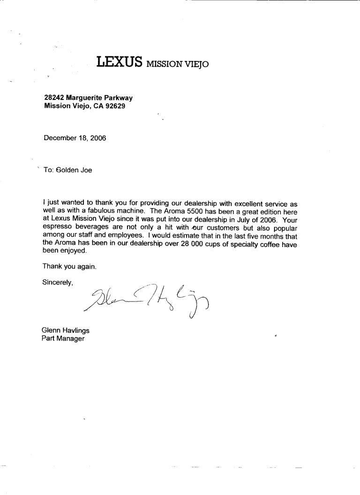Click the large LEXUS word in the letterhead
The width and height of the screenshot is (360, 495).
tap(120, 62)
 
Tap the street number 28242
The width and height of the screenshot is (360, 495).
tap(54, 98)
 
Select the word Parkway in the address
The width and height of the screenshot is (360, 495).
tap(119, 98)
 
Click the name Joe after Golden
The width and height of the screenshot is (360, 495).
tap(86, 170)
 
